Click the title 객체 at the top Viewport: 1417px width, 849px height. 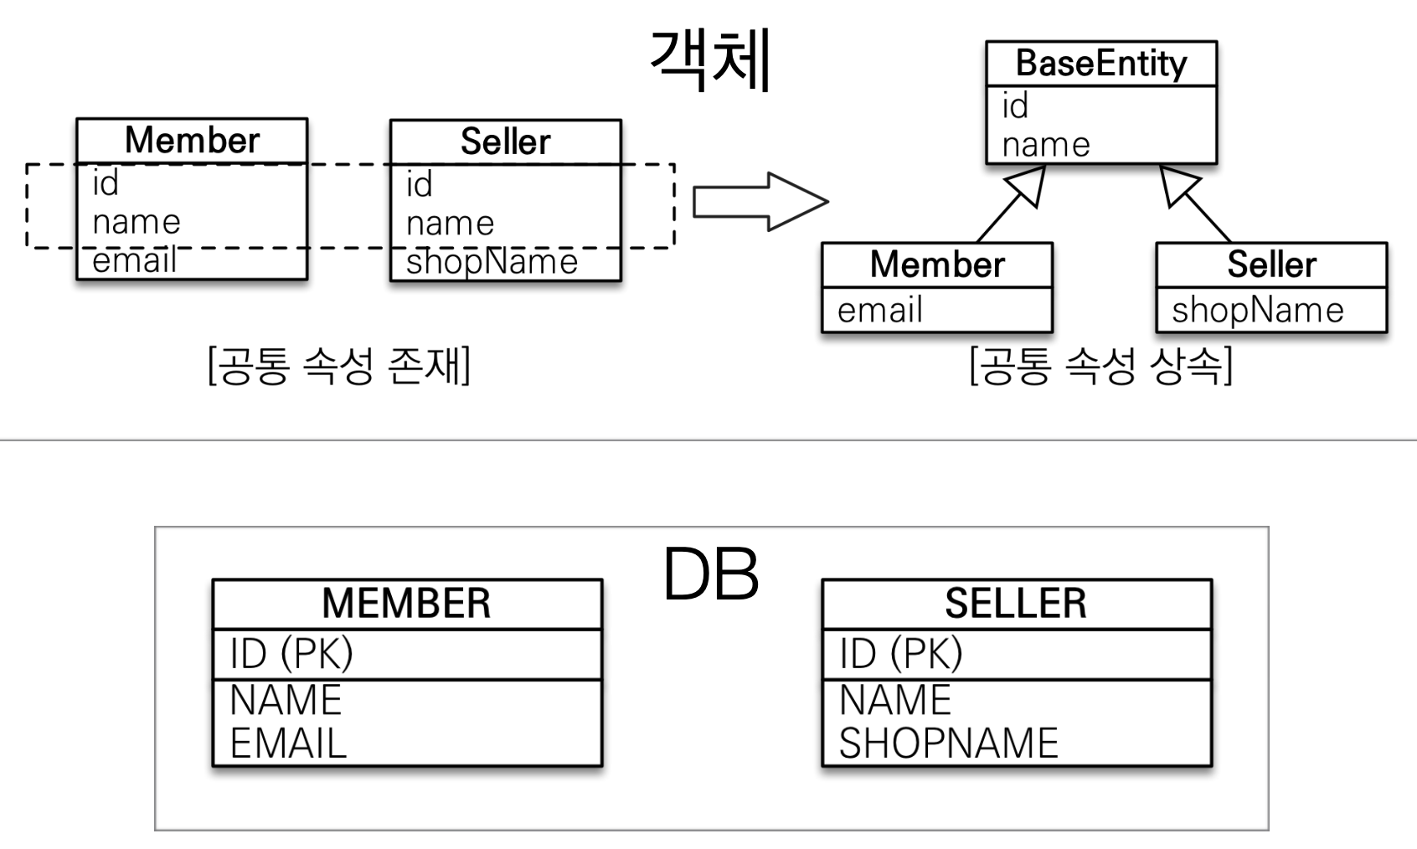[710, 59]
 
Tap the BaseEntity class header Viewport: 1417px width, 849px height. [1100, 64]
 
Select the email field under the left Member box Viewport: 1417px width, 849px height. [134, 261]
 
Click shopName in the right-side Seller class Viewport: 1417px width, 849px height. [1257, 311]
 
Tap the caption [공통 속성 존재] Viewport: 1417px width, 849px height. [339, 366]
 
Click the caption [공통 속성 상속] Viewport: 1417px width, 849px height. [1100, 366]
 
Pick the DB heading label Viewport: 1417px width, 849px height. [710, 575]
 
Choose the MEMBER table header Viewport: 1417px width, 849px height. [406, 604]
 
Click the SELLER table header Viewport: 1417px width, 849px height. [1016, 604]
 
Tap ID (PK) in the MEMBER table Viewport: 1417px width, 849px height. [291, 654]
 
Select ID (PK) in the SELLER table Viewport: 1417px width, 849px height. [901, 654]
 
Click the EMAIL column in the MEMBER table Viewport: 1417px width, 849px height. [288, 744]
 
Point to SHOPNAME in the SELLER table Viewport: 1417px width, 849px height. [949, 744]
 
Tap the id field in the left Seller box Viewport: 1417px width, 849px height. [419, 185]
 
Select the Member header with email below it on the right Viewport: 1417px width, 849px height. [936, 265]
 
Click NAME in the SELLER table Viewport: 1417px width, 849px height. [895, 700]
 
